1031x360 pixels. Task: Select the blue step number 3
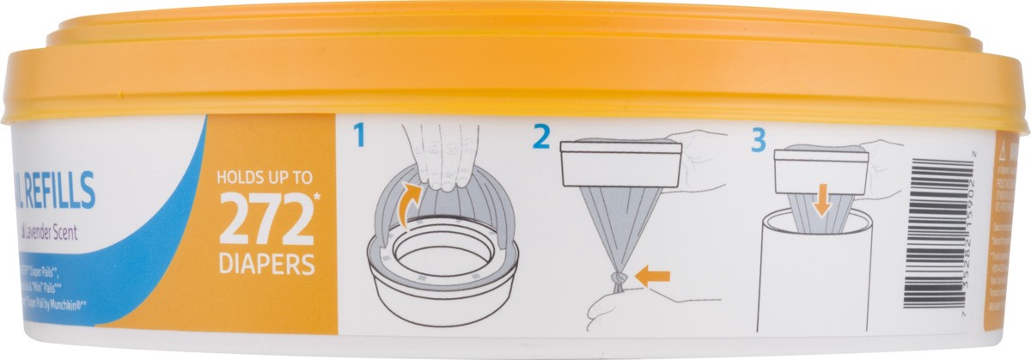(758, 139)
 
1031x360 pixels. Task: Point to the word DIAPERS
(265, 264)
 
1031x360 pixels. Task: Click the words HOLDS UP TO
(264, 181)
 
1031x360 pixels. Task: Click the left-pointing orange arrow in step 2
(653, 276)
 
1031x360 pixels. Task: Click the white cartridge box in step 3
(821, 172)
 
